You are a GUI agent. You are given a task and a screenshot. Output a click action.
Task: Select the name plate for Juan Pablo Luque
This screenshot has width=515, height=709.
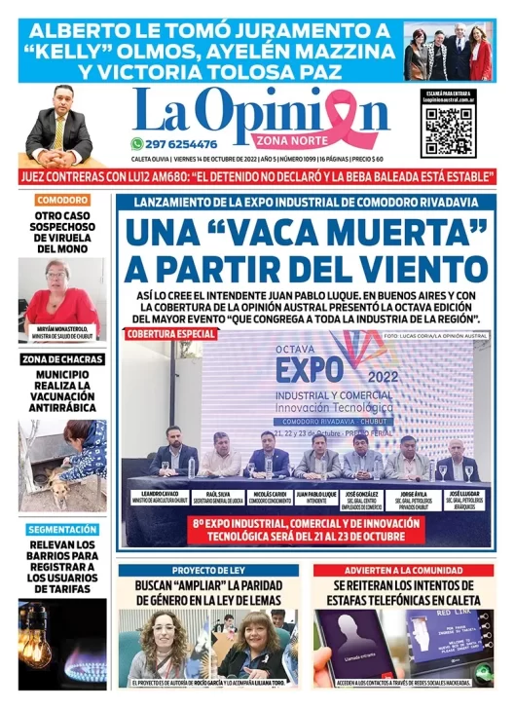[315, 497]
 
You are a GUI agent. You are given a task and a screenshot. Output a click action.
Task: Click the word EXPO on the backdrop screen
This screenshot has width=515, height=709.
[309, 369]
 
